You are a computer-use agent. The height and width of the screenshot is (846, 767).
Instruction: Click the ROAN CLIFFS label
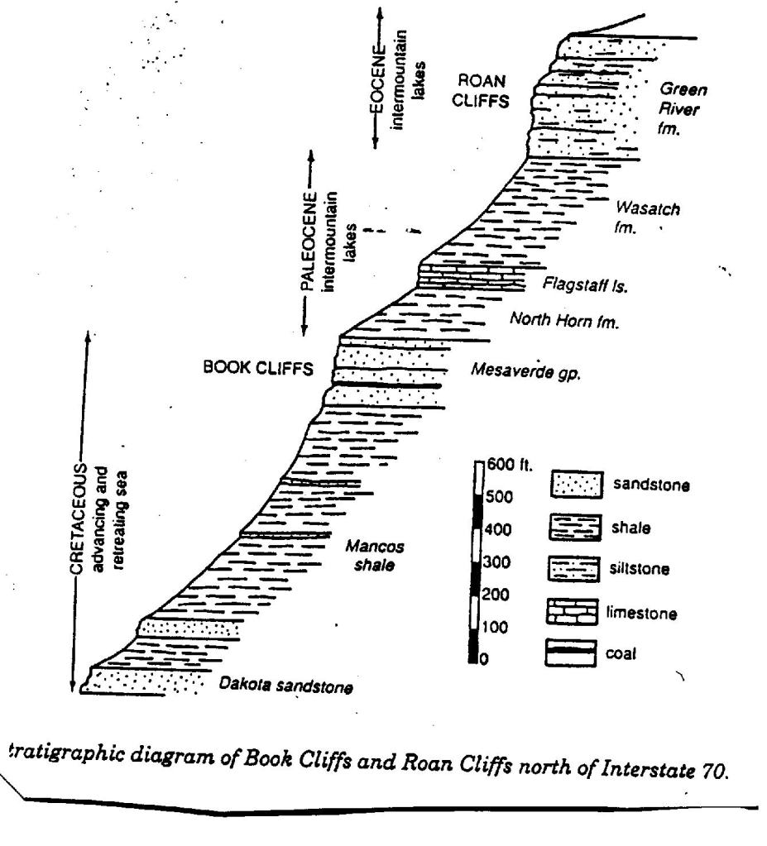click(481, 91)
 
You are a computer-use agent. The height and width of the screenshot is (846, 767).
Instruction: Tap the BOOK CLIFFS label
click(258, 368)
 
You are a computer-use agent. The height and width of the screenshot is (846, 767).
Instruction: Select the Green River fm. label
click(683, 108)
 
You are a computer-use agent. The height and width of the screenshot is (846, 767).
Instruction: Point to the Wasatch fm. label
click(647, 217)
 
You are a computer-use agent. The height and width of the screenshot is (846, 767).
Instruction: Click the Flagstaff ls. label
click(585, 284)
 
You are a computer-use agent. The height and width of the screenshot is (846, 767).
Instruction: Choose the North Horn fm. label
click(564, 320)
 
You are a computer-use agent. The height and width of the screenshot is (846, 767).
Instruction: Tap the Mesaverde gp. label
click(525, 370)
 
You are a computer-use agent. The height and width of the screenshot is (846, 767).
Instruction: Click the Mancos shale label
click(375, 556)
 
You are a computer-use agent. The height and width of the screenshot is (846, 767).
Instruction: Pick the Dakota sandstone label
click(285, 686)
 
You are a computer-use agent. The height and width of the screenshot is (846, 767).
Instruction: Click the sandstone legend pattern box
click(577, 484)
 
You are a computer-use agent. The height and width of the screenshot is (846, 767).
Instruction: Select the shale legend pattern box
click(575, 527)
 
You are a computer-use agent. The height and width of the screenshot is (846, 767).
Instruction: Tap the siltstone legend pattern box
click(573, 569)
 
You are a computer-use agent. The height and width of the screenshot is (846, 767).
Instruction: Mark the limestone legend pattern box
click(572, 611)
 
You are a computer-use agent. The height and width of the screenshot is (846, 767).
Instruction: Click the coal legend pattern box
click(571, 652)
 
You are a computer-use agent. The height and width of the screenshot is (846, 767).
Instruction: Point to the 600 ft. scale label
click(510, 465)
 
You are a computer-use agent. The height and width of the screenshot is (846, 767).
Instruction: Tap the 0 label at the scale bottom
click(484, 659)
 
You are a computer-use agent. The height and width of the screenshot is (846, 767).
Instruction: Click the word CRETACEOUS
click(79, 519)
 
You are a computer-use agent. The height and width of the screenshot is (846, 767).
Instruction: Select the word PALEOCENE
click(308, 241)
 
